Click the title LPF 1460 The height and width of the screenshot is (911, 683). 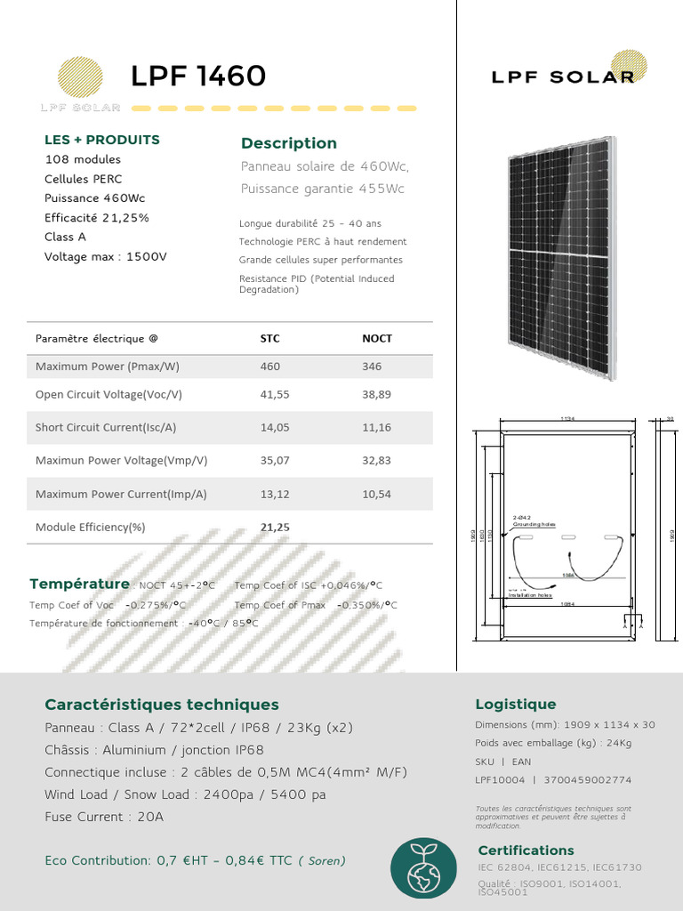coord(197,77)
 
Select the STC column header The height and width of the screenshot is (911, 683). coord(269,338)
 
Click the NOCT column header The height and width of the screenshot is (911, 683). coord(377,338)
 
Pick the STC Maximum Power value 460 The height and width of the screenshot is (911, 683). coord(269,367)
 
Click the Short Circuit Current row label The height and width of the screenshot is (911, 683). coord(106,427)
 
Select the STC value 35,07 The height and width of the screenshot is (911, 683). coord(275,461)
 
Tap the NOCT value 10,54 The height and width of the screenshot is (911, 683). coord(376,494)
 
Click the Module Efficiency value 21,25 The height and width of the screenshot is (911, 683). coord(275,528)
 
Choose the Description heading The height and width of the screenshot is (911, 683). coord(289,143)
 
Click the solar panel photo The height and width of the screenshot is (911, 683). coord(561,258)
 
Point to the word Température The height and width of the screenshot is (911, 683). coord(79,584)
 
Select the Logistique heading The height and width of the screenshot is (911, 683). coord(516,705)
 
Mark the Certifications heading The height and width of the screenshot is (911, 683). coord(526,851)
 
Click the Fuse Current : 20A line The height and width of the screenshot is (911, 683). coord(104,817)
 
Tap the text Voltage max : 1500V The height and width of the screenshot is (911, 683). coord(105,256)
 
